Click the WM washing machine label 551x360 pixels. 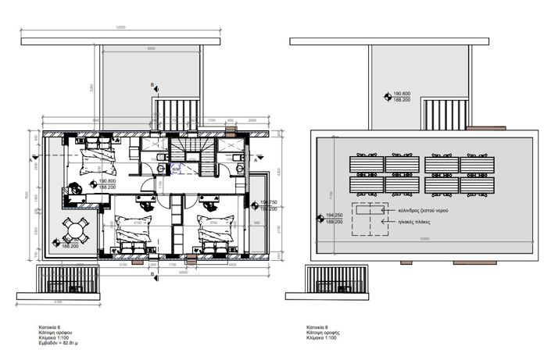click(176, 168)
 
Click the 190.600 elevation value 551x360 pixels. click(403, 93)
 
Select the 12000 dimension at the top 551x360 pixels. click(120, 27)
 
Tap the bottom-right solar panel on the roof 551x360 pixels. click(478, 187)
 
